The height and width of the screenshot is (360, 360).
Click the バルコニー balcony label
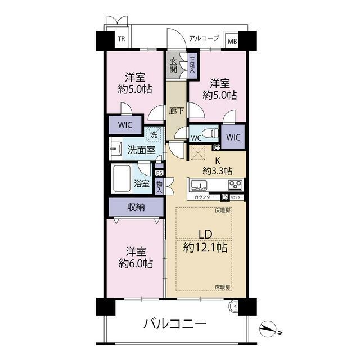coord(175,324)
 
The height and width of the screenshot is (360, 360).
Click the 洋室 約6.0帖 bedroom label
coord(135,256)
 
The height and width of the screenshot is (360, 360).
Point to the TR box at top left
coord(120,40)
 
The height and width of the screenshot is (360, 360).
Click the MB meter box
coord(231,40)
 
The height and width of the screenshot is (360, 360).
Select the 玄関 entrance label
coord(173,65)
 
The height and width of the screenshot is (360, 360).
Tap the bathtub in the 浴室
coord(122,179)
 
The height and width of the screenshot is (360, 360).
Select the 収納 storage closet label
coord(136,207)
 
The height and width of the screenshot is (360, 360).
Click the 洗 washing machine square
coord(154,134)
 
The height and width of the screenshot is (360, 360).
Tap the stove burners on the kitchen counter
coord(235,184)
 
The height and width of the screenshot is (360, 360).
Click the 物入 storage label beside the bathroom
coord(159,187)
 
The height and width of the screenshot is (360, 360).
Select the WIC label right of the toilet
coord(233,137)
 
